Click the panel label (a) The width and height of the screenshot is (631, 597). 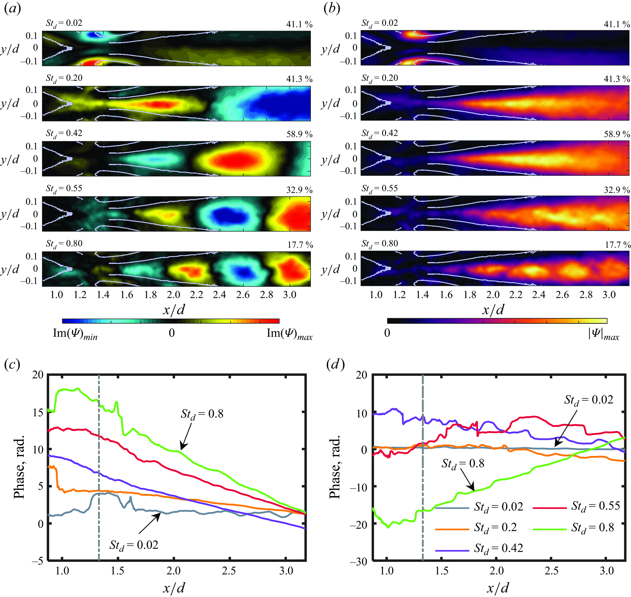click(13, 9)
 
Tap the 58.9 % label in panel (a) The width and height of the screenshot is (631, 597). click(299, 134)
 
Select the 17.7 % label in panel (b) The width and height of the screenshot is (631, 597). click(618, 245)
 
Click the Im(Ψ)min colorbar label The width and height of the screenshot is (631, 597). click(75, 334)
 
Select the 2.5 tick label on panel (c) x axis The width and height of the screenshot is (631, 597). click(229, 571)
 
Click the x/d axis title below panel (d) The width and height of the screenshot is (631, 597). click(498, 588)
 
